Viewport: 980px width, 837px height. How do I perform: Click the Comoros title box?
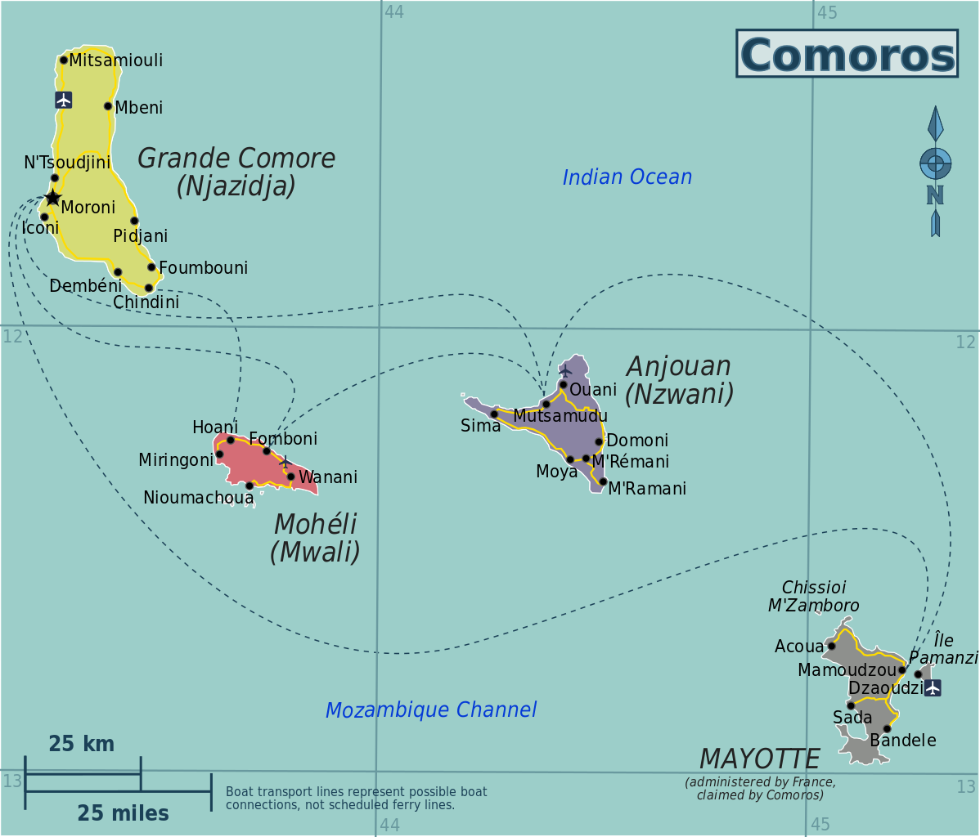(847, 54)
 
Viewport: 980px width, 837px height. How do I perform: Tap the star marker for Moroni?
(52, 198)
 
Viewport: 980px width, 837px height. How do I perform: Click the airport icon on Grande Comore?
(64, 100)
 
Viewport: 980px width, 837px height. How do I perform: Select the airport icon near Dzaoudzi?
(933, 687)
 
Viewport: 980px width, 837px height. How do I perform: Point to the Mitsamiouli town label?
(115, 60)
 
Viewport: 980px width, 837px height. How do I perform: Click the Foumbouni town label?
(203, 268)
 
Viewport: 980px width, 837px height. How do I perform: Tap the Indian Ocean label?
(627, 177)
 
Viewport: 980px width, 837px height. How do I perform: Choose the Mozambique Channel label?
(431, 710)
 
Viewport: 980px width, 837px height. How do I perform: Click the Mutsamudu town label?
(560, 416)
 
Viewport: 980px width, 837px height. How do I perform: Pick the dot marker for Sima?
(494, 414)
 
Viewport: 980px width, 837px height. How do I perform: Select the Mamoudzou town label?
(847, 670)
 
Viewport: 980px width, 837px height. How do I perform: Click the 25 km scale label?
(81, 744)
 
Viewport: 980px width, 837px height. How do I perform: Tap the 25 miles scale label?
(123, 813)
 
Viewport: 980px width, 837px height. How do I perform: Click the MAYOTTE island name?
(759, 759)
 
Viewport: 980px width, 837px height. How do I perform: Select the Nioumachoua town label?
(198, 498)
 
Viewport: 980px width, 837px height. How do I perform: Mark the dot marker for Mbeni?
(108, 106)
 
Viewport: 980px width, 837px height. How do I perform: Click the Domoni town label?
(637, 441)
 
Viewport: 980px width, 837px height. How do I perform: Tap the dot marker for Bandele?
(887, 728)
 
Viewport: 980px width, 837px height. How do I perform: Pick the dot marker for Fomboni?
(267, 451)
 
